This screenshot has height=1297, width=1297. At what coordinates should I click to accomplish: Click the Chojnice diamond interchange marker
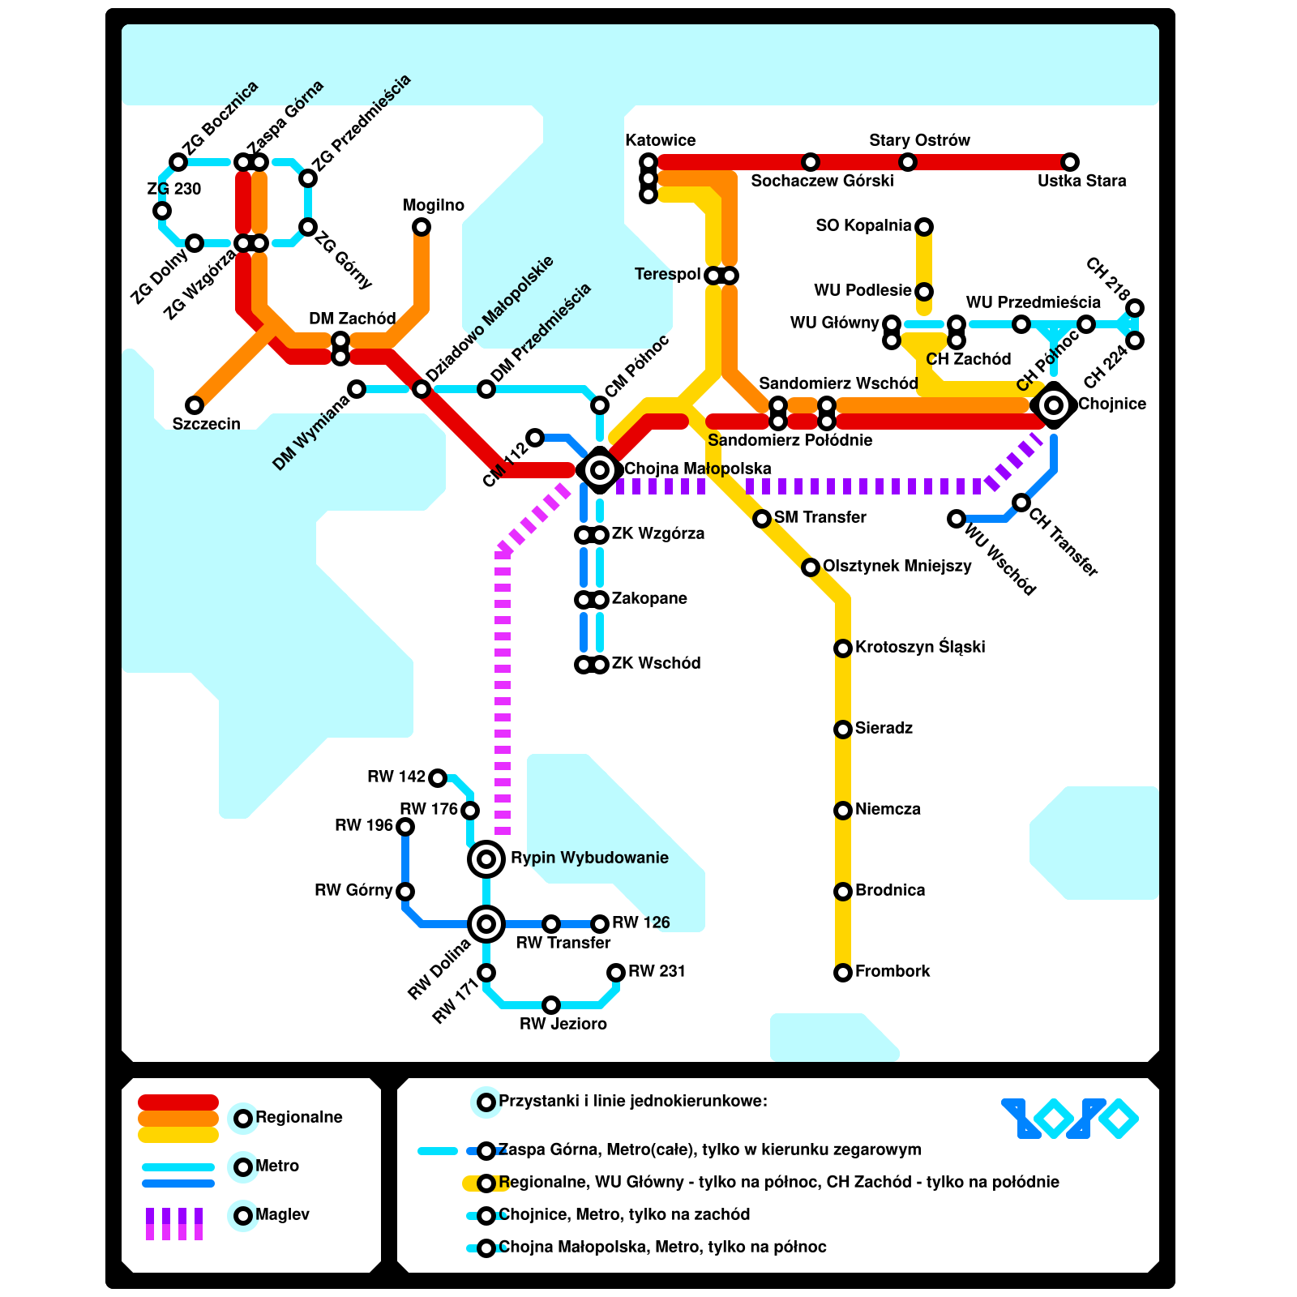coord(1054,405)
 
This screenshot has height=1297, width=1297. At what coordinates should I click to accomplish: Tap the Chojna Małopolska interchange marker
coord(600,469)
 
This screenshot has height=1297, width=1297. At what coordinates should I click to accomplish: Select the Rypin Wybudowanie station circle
coord(486,858)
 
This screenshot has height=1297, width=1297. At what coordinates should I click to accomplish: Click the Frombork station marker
coord(843,972)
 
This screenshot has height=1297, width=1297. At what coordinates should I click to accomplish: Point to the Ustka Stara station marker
coord(1070,162)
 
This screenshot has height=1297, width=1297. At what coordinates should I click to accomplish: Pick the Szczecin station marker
coord(195,405)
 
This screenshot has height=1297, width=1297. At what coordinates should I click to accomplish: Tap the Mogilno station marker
coord(422,227)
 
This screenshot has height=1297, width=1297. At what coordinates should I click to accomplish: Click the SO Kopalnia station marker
coord(924,226)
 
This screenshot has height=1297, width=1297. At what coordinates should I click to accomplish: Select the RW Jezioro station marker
coord(551,1005)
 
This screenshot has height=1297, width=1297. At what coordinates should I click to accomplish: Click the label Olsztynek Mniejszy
coord(897,566)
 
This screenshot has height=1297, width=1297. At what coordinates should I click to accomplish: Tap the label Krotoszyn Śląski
coord(920,647)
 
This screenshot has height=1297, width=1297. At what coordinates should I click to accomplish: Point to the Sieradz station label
coord(884,728)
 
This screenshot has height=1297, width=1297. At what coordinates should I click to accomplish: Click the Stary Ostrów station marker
coord(908,162)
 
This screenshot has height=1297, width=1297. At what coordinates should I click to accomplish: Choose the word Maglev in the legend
coord(282,1214)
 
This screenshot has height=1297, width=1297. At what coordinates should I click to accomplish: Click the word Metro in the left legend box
coord(277,1166)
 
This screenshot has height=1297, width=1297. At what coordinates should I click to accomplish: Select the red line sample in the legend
coord(178,1102)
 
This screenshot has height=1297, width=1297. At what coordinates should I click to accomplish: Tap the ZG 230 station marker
coord(162,211)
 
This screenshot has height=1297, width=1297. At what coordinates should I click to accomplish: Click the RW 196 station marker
coord(405,826)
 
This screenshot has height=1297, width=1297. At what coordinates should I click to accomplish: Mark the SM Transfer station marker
coord(762,518)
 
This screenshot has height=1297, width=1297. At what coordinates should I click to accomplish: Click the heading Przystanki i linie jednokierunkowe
coord(632,1101)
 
